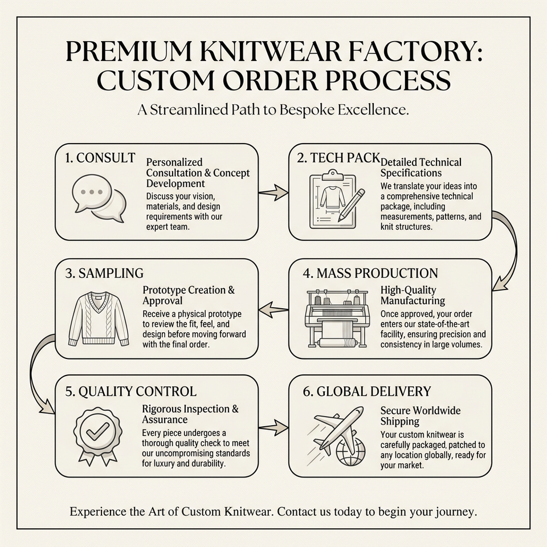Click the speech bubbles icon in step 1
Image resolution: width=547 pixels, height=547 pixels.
coord(99,198)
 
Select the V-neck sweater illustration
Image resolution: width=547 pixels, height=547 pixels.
coord(99,319)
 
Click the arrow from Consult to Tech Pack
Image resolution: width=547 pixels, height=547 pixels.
coord(273,192)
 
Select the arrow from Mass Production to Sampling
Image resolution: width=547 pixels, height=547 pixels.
coord(273,309)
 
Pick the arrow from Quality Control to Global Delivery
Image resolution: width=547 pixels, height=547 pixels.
coord(273,427)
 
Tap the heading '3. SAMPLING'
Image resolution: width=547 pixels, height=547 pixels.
coord(104,273)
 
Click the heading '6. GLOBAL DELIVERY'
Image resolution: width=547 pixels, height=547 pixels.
coord(366,391)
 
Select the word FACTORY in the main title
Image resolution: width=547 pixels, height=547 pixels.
coord(409,52)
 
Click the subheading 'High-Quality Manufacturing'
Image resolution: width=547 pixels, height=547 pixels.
coord(413,295)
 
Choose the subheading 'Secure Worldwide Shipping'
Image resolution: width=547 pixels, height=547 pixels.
coord(421,415)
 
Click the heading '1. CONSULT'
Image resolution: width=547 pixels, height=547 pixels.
coord(100,158)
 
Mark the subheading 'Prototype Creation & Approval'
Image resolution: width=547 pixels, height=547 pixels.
coord(189,295)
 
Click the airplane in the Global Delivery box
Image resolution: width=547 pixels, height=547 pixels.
coord(337,428)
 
